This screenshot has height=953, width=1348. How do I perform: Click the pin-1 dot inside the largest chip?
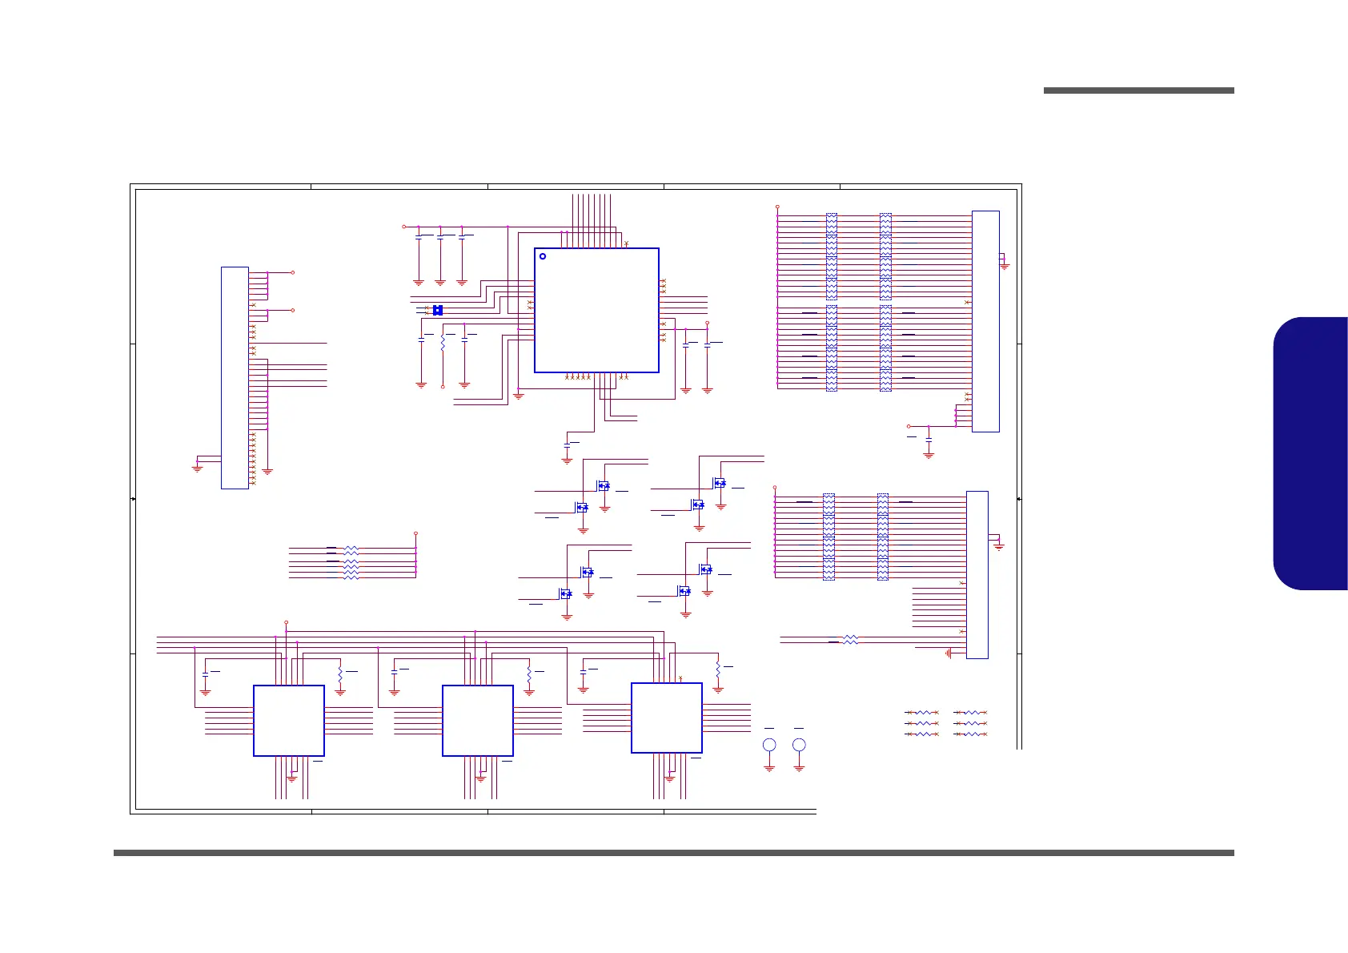tap(543, 256)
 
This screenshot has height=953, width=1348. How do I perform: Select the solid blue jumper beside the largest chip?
tap(438, 310)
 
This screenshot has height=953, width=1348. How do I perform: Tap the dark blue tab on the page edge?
tap(1310, 453)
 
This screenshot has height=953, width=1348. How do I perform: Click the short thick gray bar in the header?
tap(1138, 90)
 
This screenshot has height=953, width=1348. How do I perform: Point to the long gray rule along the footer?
tap(673, 853)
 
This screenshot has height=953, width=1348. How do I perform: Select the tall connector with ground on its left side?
tap(235, 377)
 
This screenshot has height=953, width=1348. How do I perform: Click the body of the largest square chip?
tap(596, 310)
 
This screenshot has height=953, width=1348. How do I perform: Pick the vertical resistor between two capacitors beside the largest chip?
tap(443, 343)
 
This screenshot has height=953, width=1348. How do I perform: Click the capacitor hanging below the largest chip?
tap(567, 443)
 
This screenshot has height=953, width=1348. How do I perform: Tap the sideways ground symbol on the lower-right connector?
tap(949, 653)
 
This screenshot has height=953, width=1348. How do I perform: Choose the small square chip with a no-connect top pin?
tap(666, 718)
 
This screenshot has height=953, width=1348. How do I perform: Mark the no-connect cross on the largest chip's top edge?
tap(626, 243)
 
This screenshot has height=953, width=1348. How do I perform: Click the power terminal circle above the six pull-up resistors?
tap(415, 533)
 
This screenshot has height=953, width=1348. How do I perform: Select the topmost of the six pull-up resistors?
tap(351, 549)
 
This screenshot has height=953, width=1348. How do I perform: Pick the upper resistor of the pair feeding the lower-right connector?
tap(851, 637)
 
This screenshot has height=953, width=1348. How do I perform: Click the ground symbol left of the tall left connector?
tap(197, 468)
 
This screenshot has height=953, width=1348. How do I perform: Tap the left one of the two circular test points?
tap(769, 745)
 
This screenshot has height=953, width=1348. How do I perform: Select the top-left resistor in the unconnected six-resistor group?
tap(922, 712)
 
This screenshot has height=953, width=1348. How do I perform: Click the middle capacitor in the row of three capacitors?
tap(440, 237)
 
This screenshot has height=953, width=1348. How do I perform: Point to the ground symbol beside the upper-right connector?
tap(1005, 266)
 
